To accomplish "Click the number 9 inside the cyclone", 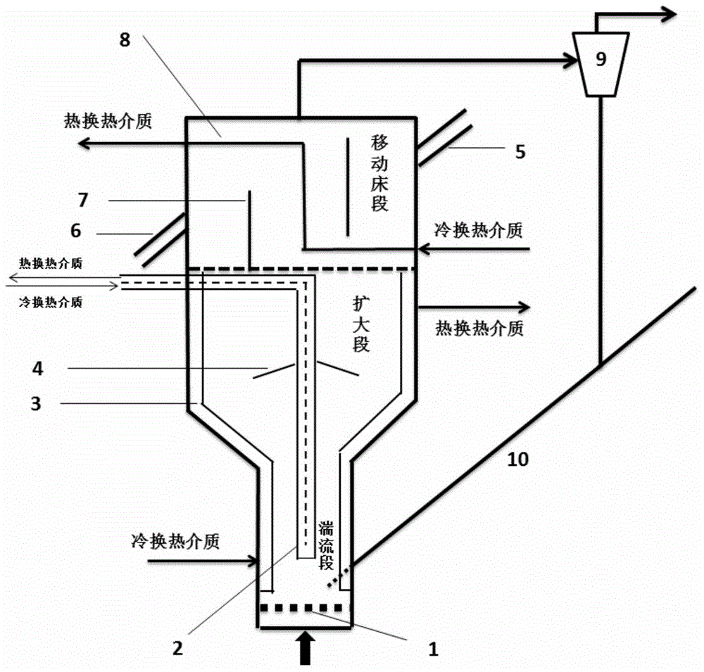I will (601, 59).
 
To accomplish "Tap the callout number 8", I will (125, 39).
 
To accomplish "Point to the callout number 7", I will (84, 201).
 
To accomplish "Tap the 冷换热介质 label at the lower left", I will (175, 542).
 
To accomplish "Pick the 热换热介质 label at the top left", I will (106, 121).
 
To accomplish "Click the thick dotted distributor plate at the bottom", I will (301, 607).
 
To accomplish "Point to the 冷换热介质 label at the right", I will (479, 229).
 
